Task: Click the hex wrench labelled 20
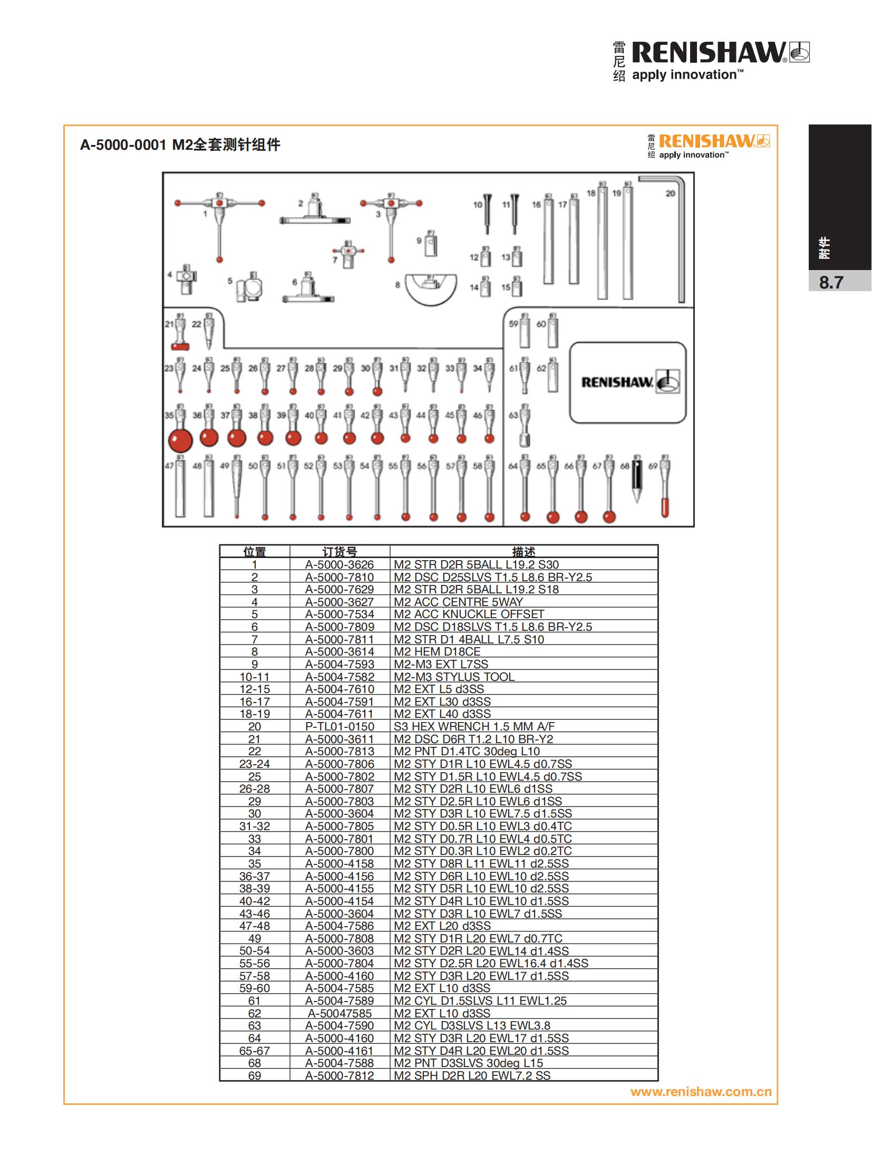(x=681, y=243)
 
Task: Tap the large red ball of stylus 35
(x=180, y=439)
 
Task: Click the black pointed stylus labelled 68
(x=637, y=480)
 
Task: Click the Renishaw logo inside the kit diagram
(x=629, y=382)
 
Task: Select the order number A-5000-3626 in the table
(x=340, y=564)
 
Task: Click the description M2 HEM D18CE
(x=437, y=651)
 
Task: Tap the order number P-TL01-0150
(x=340, y=726)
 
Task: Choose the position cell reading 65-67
(x=254, y=1050)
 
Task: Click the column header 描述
(x=524, y=552)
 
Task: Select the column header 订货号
(x=340, y=552)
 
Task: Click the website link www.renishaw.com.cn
(x=701, y=1091)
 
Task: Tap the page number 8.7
(x=831, y=283)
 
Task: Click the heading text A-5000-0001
(x=123, y=145)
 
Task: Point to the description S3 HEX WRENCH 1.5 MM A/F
(x=474, y=726)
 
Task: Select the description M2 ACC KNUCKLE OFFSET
(x=469, y=614)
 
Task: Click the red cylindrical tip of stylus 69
(x=665, y=507)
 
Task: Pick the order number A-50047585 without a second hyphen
(x=340, y=1013)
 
